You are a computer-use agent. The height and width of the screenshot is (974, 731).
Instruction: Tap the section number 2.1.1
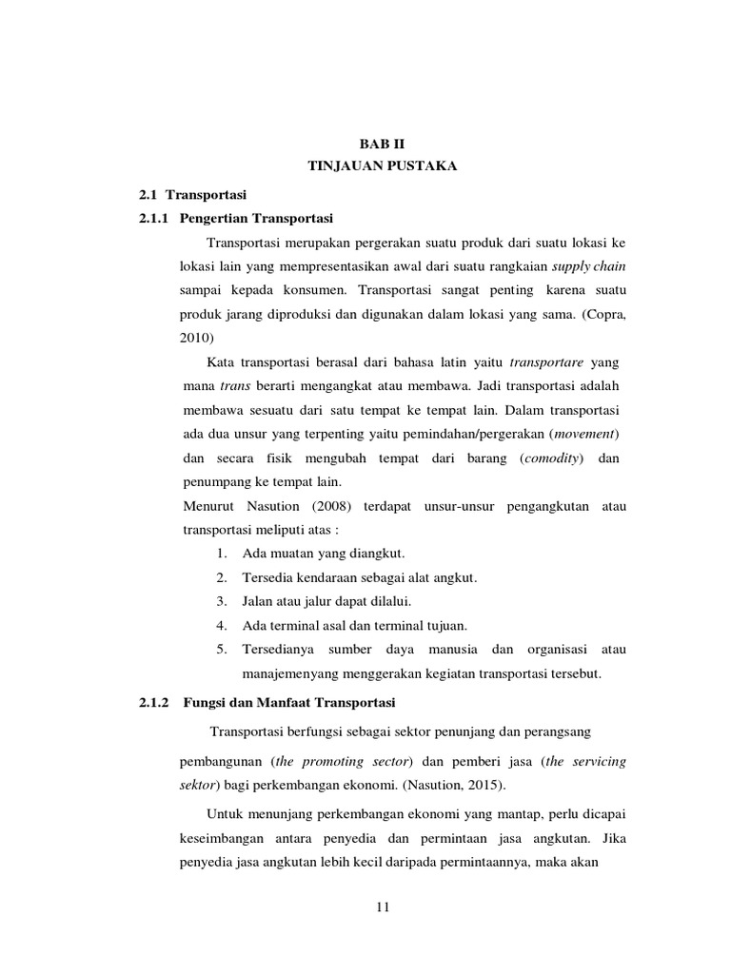coord(153,217)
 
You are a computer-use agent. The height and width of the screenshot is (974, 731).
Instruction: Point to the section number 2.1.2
coord(153,702)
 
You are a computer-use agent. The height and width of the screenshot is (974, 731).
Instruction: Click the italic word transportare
coord(546,362)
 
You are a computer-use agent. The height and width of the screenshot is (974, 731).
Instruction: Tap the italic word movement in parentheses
coord(585,434)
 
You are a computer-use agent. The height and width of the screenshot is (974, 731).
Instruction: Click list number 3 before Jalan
coord(220,601)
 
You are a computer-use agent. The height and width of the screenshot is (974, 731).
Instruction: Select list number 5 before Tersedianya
coord(220,649)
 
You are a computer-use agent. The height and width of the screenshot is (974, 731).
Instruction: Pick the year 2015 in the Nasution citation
coord(488,786)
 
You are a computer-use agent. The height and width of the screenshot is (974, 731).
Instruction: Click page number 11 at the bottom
coord(383,906)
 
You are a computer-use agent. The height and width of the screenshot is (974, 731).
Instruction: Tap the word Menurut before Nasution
coord(209,506)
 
